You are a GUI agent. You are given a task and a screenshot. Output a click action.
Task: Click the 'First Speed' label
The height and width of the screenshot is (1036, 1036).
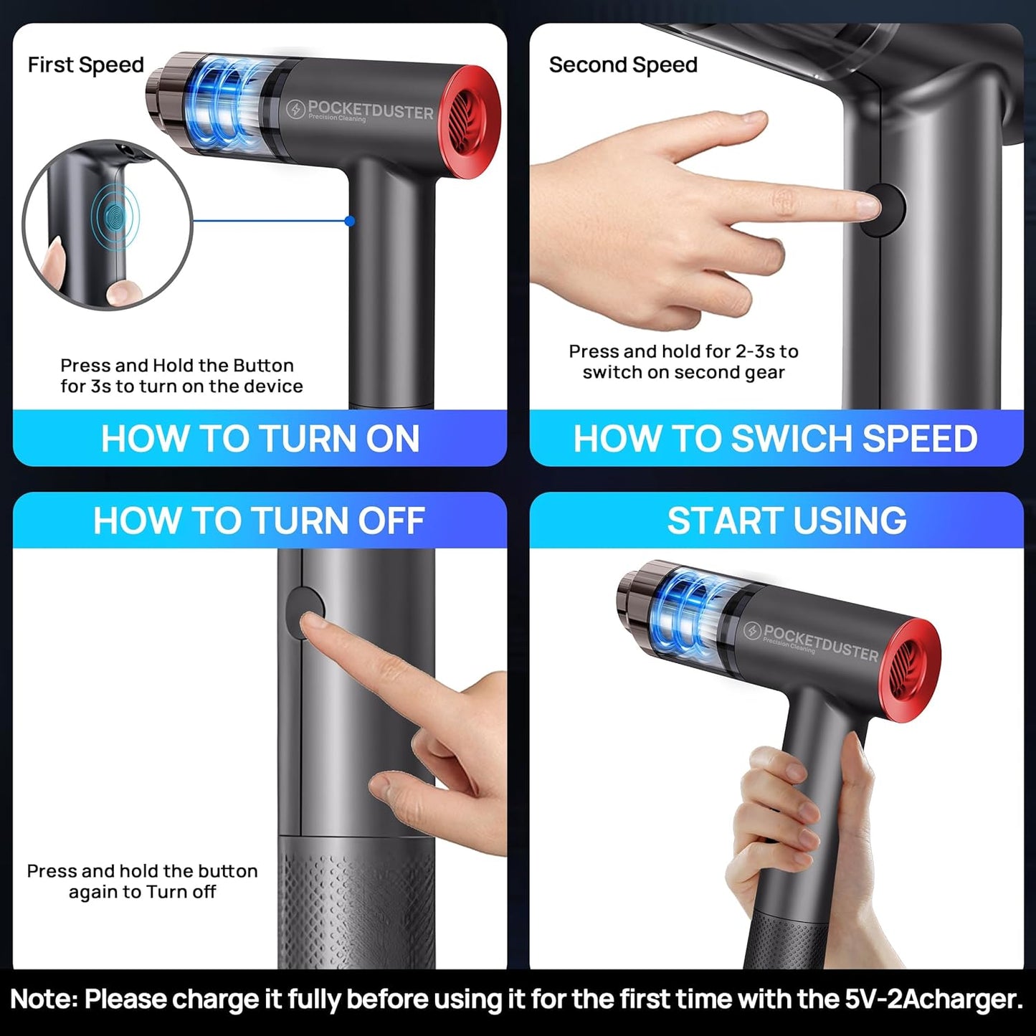tap(85, 65)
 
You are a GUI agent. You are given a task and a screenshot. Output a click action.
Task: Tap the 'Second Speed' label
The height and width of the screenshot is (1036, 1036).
tap(622, 65)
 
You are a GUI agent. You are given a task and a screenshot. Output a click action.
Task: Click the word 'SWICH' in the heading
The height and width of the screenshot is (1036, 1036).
tap(791, 439)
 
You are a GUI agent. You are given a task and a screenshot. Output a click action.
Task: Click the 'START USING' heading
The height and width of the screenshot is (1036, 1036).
tap(786, 521)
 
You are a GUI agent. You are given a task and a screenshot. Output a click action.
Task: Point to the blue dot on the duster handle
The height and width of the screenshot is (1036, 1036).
tap(350, 221)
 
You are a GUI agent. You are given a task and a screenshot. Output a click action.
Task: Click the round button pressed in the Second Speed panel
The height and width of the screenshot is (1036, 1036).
tap(884, 209)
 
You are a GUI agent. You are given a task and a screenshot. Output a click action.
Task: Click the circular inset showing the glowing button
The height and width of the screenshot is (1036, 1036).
tap(108, 224)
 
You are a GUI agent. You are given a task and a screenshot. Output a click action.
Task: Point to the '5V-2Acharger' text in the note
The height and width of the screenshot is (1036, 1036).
tap(933, 999)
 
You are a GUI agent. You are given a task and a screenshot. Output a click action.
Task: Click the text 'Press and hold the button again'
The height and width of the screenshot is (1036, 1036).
tap(142, 880)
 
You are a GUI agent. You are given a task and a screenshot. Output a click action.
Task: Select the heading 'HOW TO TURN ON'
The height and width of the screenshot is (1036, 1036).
tap(260, 439)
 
